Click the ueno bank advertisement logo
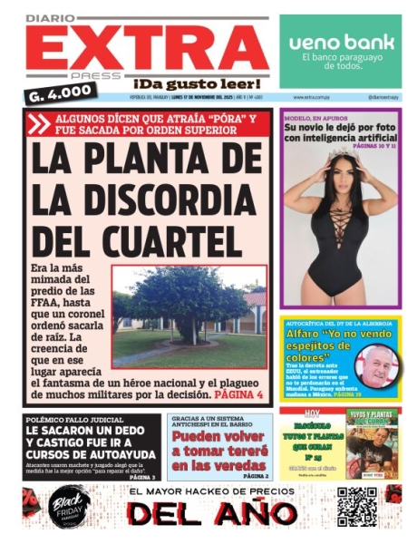341,42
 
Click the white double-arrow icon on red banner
40,123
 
